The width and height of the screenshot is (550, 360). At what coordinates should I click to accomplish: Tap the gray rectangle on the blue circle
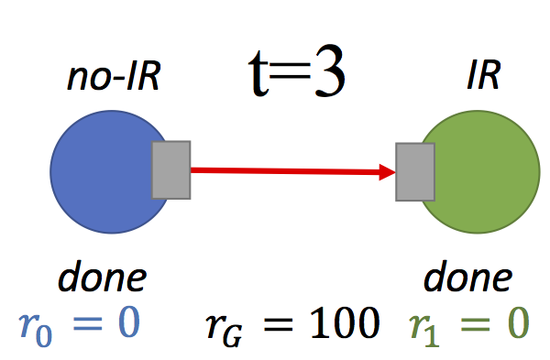[x=170, y=169]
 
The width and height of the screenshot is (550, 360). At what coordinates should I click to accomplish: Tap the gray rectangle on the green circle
[x=415, y=172]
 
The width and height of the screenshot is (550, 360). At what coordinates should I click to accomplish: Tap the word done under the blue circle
[x=102, y=277]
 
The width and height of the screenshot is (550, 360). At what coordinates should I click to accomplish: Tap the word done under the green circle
[x=467, y=277]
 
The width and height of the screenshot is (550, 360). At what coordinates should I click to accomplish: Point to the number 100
[x=344, y=322]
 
